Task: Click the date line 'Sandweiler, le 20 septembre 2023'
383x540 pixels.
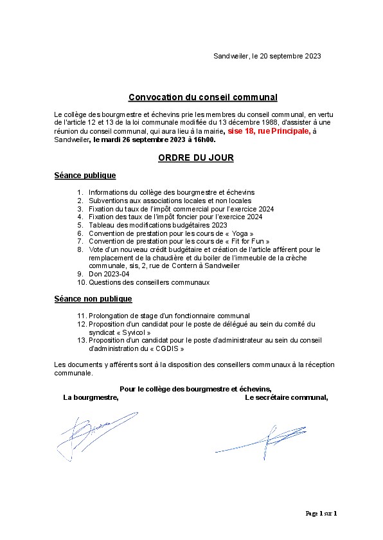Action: pos(267,57)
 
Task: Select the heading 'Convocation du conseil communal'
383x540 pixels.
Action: pos(203,97)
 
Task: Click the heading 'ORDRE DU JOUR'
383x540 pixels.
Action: pos(195,157)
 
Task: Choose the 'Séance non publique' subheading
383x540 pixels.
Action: pos(93,299)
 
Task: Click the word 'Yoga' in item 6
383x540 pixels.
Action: pos(239,233)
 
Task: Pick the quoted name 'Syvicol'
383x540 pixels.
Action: pos(134,333)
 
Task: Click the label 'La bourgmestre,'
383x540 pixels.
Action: pos(91,397)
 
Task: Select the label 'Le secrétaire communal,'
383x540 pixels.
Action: pos(286,397)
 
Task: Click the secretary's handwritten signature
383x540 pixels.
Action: pos(263,442)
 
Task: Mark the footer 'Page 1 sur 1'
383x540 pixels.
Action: pos(321,513)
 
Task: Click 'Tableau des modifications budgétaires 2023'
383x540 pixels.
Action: pos(158,225)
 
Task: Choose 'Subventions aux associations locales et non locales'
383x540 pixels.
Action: pos(170,201)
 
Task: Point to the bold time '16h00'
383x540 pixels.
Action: pos(204,139)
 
